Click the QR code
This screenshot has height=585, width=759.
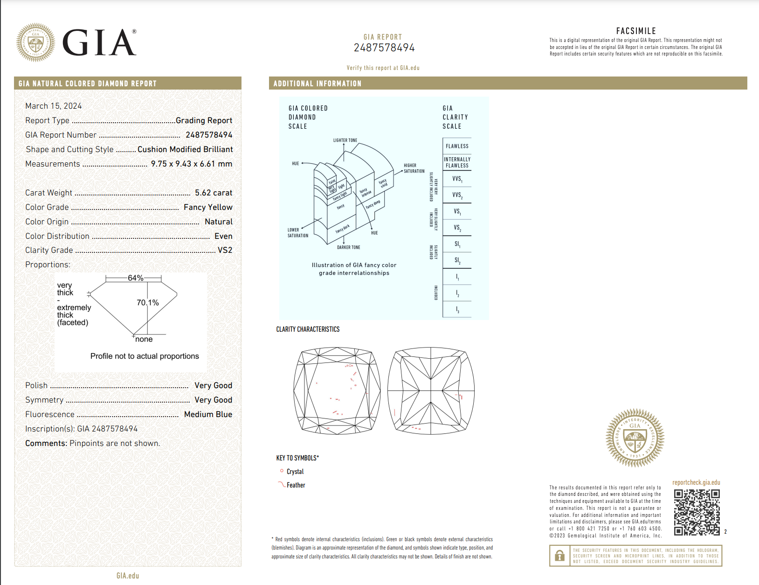pyautogui.click(x=697, y=512)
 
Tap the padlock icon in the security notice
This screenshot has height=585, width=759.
pyautogui.click(x=559, y=556)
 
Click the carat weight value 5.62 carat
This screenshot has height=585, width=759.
pyautogui.click(x=213, y=193)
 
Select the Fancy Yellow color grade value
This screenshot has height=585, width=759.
pyautogui.click(x=208, y=207)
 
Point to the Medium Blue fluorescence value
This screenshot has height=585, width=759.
pyautogui.click(x=208, y=414)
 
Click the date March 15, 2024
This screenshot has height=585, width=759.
pyautogui.click(x=54, y=106)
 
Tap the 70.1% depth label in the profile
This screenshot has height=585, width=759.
pyautogui.click(x=147, y=303)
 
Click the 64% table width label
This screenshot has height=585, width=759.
pyautogui.click(x=135, y=278)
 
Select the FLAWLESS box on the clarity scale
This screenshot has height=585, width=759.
pyautogui.click(x=457, y=146)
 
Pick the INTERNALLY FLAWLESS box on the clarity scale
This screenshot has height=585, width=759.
pyautogui.click(x=457, y=162)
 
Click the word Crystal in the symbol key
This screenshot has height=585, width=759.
pyautogui.click(x=295, y=472)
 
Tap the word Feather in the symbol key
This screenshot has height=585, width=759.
pyautogui.click(x=296, y=485)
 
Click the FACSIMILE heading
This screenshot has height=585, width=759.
pyautogui.click(x=636, y=31)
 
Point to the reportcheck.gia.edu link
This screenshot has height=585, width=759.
pyautogui.click(x=696, y=482)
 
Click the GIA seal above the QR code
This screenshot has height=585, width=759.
pyautogui.click(x=635, y=438)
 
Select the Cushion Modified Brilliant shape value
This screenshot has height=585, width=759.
pyautogui.click(x=185, y=149)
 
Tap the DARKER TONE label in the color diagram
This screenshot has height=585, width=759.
pyautogui.click(x=348, y=247)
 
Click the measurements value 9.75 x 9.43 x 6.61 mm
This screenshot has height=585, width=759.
pyautogui.click(x=191, y=164)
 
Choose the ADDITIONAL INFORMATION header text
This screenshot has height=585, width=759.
pyautogui.click(x=317, y=84)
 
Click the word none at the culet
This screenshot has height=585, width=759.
pyautogui.click(x=144, y=339)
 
